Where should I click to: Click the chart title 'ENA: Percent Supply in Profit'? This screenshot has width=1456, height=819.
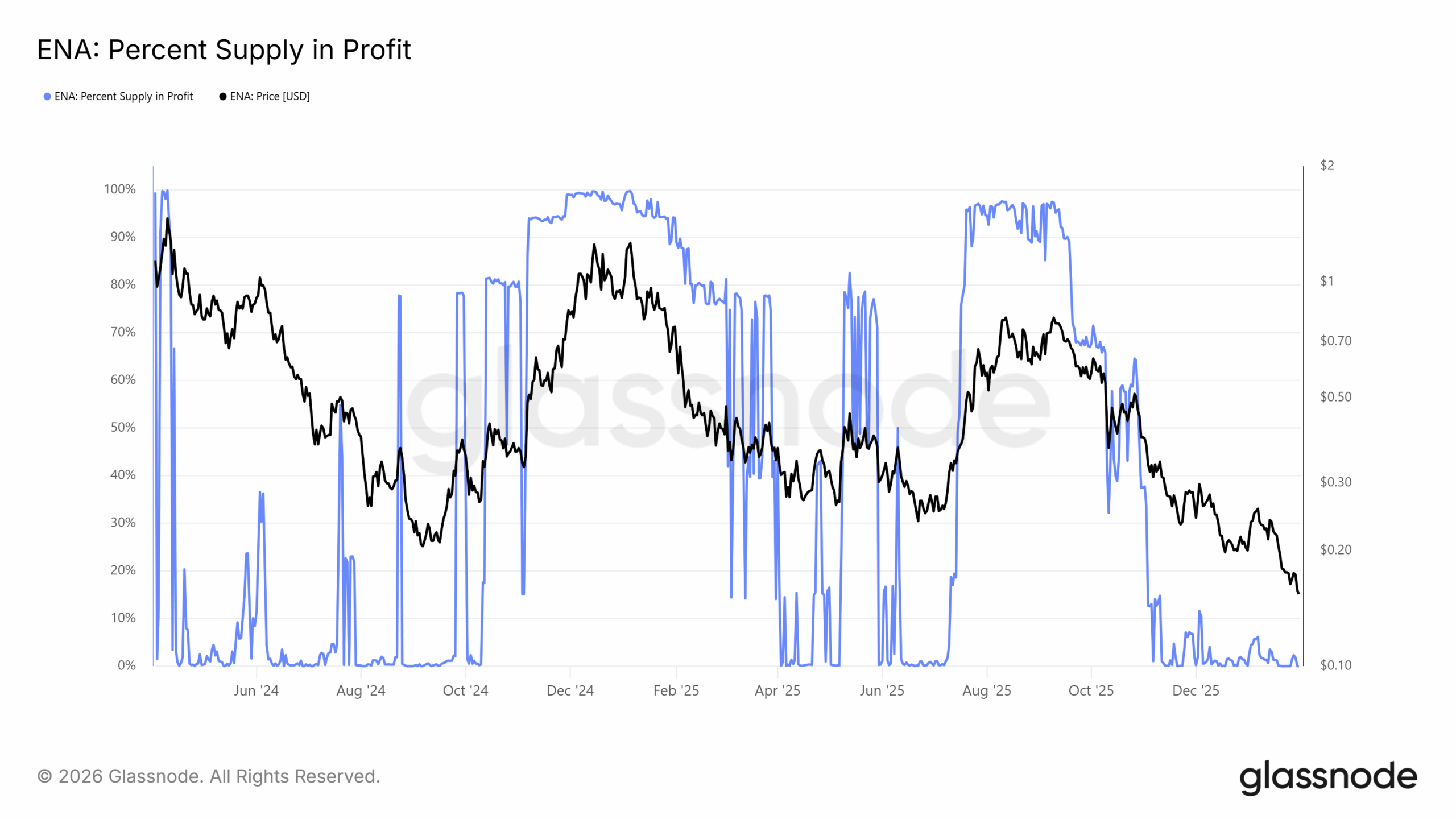224,49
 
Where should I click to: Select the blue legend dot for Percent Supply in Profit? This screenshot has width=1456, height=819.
47,97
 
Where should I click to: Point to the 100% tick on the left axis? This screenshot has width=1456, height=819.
119,189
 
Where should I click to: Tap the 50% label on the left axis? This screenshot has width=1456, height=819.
123,428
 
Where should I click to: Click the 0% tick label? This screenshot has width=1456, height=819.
126,665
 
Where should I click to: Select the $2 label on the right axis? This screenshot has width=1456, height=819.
1326,166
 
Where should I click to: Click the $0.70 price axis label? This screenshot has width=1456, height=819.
1335,341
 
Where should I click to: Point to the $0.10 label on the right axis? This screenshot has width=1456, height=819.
1335,665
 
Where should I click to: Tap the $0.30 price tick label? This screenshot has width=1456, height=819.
1335,482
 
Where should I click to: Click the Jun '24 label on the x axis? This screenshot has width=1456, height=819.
256,691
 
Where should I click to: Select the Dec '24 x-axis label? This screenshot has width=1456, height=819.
570,691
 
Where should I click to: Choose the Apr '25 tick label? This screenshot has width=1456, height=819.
777,691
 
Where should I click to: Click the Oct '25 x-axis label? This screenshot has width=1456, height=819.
1091,691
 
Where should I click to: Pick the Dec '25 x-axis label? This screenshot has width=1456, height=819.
1196,691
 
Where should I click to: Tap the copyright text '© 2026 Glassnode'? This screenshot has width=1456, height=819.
208,777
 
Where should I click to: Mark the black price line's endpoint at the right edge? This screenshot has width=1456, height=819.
1298,594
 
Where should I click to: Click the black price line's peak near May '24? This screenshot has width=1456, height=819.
167,219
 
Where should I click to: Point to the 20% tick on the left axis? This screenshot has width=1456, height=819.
123,570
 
